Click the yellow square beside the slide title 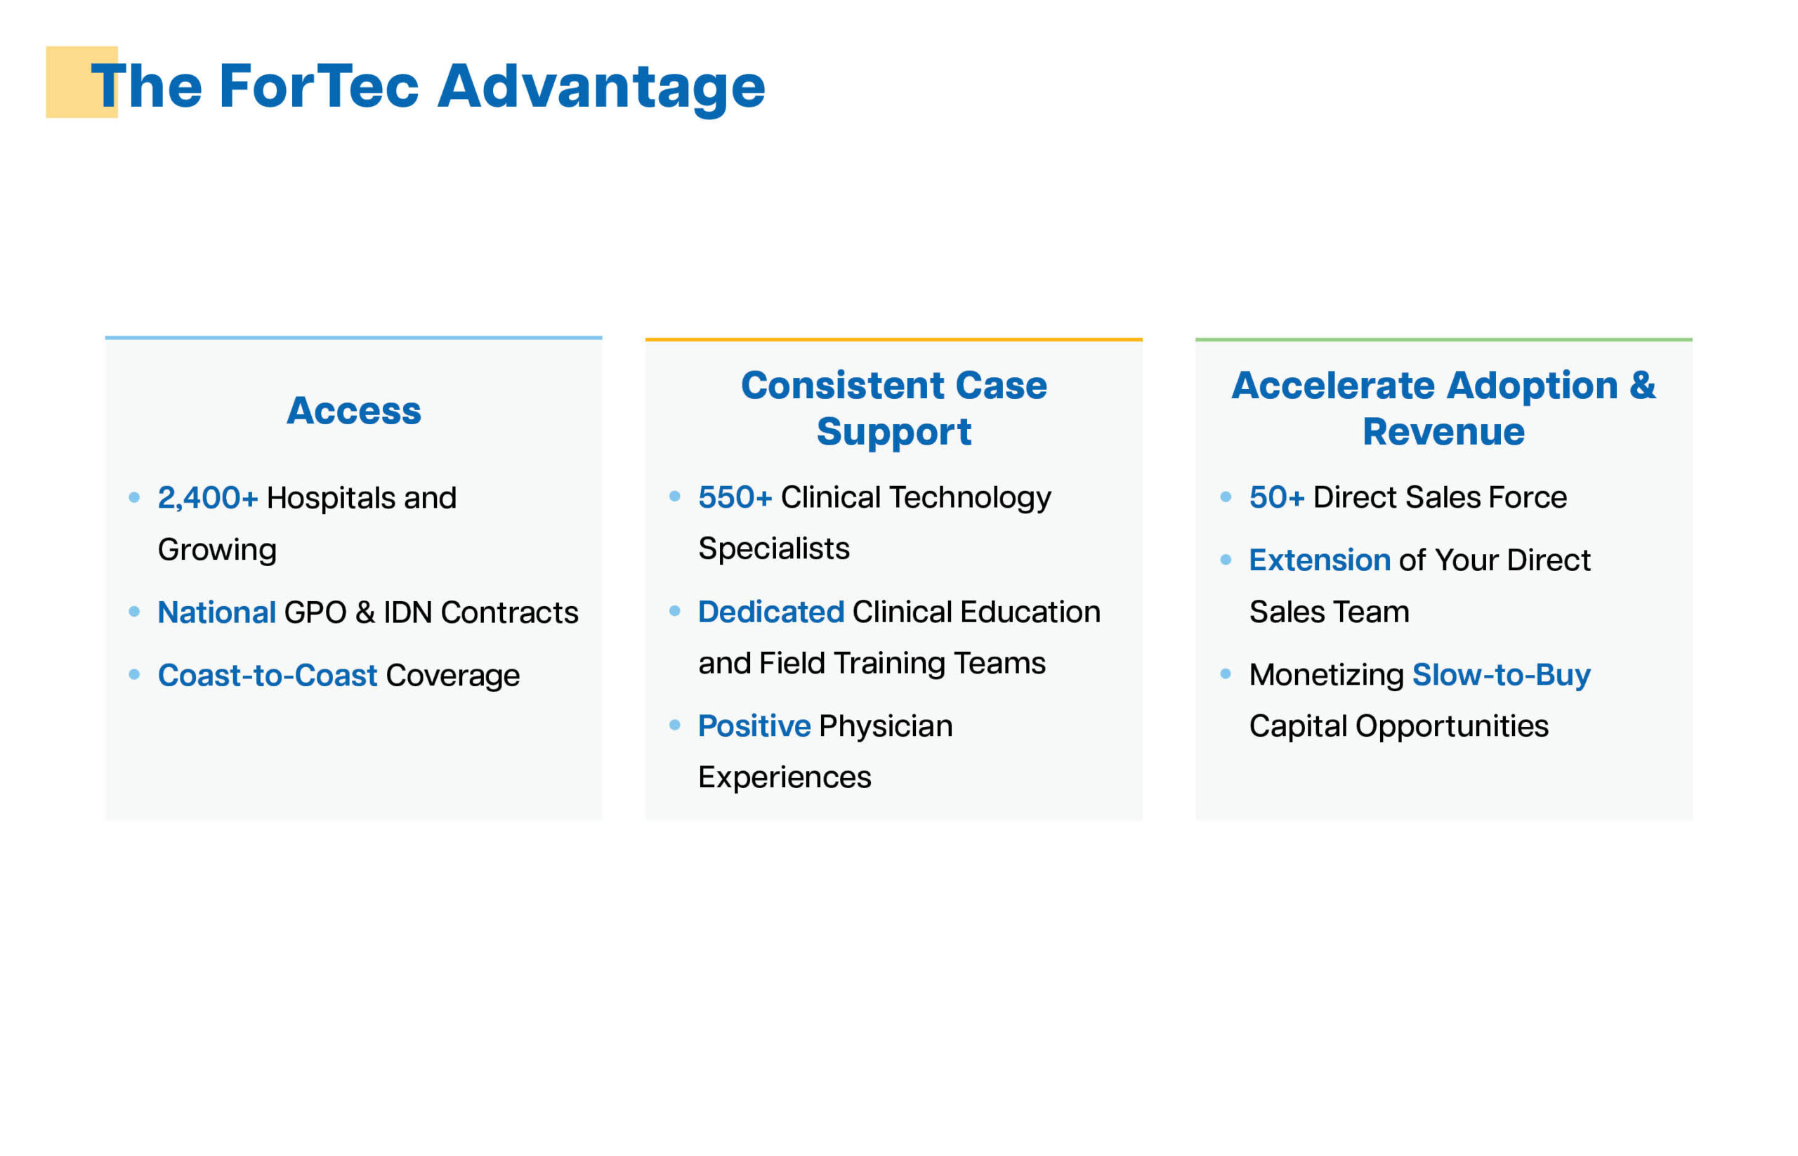81,82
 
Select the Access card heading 353,411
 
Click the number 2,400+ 207,498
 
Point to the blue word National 216,612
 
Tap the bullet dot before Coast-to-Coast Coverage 134,674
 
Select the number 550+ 734,497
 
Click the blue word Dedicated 770,612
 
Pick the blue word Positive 754,726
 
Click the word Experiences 785,777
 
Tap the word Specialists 773,549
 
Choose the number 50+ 1276,497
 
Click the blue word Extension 1319,560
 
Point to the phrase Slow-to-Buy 1501,676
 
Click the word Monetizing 1326,676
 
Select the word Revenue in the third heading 1443,432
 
